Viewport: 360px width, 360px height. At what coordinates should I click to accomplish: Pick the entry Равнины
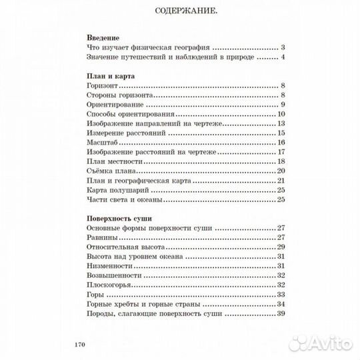point(104,237)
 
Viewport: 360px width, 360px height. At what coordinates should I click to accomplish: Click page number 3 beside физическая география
point(283,48)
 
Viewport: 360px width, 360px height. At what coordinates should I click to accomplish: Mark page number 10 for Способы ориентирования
point(281,114)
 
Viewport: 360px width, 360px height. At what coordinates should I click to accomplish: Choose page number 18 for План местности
point(281,161)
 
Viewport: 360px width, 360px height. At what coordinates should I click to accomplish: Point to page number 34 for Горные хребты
point(281,304)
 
